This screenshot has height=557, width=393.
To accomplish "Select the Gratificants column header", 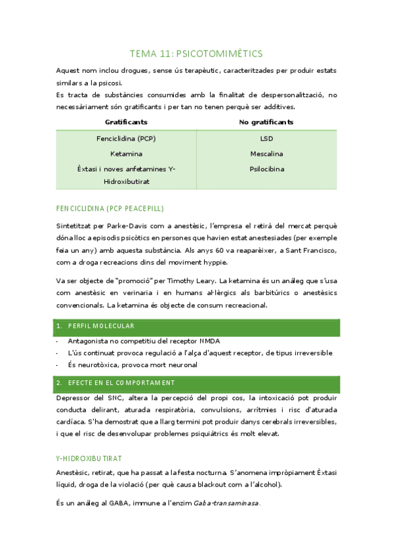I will coord(126,122).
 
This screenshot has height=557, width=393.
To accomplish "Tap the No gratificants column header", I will coord(266,122).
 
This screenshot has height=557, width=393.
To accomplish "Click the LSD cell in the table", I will coord(266,139).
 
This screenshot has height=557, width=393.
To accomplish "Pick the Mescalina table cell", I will coord(266,154).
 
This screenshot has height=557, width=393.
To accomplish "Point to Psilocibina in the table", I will coord(266,169).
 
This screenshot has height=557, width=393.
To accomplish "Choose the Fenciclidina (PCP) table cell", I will coord(126,139).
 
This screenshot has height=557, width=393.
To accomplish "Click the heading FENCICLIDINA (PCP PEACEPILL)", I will coord(110,208).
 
